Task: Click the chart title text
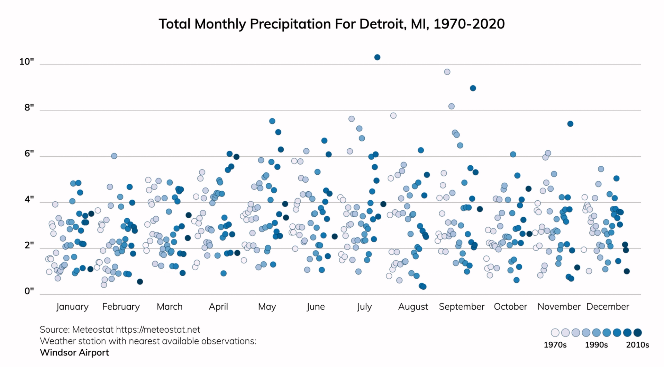click(331, 24)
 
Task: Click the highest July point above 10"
click(377, 57)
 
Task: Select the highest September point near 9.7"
click(447, 72)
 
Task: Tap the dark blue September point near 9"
click(473, 88)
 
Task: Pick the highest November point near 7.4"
click(570, 124)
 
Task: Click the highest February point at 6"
click(114, 156)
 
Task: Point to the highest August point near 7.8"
click(393, 116)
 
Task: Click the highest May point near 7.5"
click(272, 121)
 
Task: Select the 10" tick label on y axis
click(27, 62)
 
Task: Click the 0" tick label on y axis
click(29, 291)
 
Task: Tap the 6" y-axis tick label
click(29, 154)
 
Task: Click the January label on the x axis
click(72, 307)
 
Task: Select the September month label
click(462, 307)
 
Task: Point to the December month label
click(608, 307)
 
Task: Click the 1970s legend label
click(555, 345)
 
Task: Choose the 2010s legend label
click(637, 345)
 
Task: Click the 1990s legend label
click(596, 345)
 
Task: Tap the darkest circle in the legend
click(637, 333)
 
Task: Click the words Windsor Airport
click(74, 352)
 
